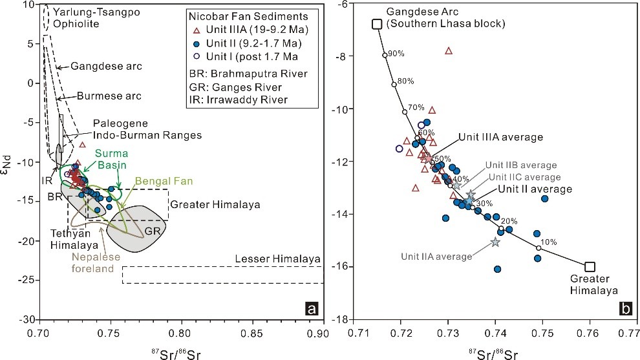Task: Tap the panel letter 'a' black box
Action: coord(311,310)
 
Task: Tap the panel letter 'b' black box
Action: coord(625,310)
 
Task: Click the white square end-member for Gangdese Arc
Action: coord(377,24)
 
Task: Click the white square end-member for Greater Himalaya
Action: coord(590,266)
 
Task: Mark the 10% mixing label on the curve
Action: coord(548,242)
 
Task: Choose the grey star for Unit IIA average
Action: coord(495,242)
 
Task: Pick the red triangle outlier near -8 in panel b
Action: coord(449,50)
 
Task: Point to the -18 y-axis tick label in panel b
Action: coord(342,319)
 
